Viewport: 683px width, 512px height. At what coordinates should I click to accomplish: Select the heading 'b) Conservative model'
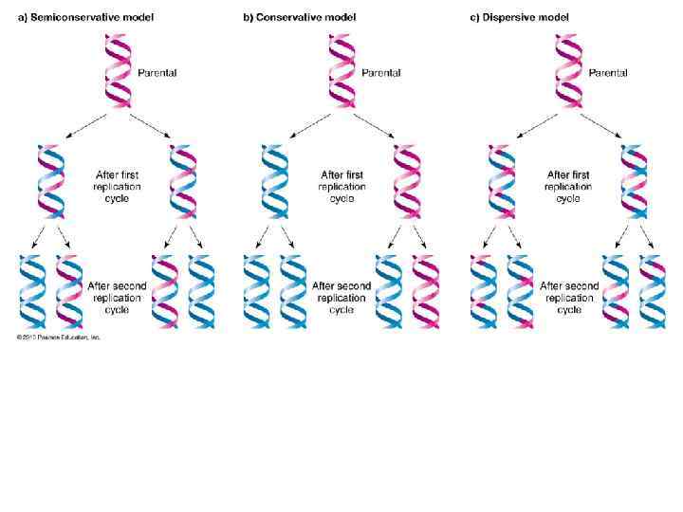[299, 17]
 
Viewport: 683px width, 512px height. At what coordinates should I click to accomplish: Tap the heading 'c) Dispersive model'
[521, 17]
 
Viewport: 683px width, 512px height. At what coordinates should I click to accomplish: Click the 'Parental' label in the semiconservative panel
[157, 72]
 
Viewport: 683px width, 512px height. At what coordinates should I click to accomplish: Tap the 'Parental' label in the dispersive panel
[606, 72]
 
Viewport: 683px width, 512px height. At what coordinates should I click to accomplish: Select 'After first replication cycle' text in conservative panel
[341, 187]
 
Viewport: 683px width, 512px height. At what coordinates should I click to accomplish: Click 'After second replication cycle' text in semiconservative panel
[117, 297]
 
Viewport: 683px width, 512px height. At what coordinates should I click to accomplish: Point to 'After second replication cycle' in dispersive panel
[568, 297]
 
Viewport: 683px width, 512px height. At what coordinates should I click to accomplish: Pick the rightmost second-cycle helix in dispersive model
[653, 292]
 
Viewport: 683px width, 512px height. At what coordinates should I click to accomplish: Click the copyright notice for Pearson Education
[58, 337]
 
